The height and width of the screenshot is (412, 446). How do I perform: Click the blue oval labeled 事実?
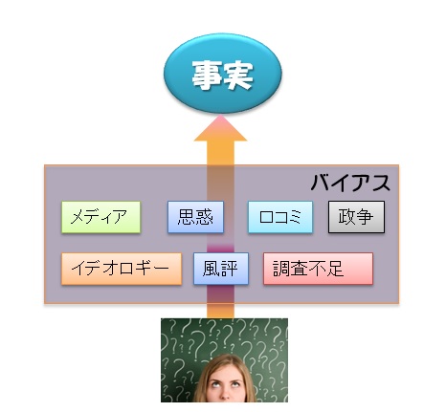tap(223, 74)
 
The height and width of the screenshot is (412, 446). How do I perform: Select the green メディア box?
tap(100, 217)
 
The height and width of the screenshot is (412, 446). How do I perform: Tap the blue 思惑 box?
tap(195, 217)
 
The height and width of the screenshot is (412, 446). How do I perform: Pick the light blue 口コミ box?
tap(280, 217)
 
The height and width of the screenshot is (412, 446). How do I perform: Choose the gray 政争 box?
tap(356, 217)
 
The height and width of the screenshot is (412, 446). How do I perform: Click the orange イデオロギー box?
tap(122, 269)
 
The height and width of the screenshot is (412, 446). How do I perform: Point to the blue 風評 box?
tap(221, 269)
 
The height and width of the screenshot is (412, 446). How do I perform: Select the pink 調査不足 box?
tap(318, 269)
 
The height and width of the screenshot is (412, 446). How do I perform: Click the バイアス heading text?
tap(350, 183)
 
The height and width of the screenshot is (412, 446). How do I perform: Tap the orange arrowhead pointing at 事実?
tap(220, 128)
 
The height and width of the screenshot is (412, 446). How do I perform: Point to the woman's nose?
tap(225, 393)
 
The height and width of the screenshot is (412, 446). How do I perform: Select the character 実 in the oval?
tap(237, 76)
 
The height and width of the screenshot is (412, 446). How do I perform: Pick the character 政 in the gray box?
tap(346, 217)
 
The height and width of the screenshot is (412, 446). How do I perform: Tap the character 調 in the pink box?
tap(281, 269)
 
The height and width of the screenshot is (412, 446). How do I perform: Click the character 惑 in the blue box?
tap(205, 217)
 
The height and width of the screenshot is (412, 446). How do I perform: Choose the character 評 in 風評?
tap(230, 269)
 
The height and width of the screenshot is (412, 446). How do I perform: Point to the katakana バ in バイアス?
tap(322, 183)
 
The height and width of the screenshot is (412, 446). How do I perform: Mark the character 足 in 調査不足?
tap(334, 269)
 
